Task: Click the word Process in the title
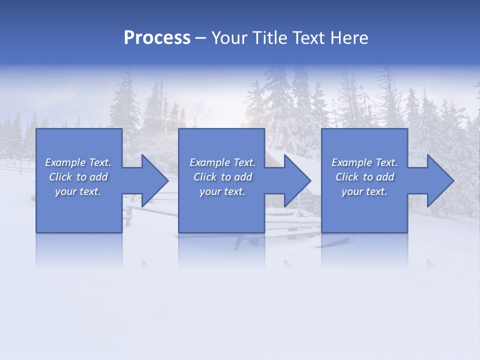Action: pos(157,38)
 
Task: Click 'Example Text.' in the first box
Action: pos(78,162)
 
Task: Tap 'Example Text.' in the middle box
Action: pos(222,162)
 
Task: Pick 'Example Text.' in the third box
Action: pos(364,162)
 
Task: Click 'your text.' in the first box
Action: pos(78,191)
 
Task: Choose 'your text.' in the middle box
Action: pos(222,191)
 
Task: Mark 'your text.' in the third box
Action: pos(364,191)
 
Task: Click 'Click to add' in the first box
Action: pos(78,177)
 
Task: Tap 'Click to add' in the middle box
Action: pos(222,177)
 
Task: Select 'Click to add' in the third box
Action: pos(364,177)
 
